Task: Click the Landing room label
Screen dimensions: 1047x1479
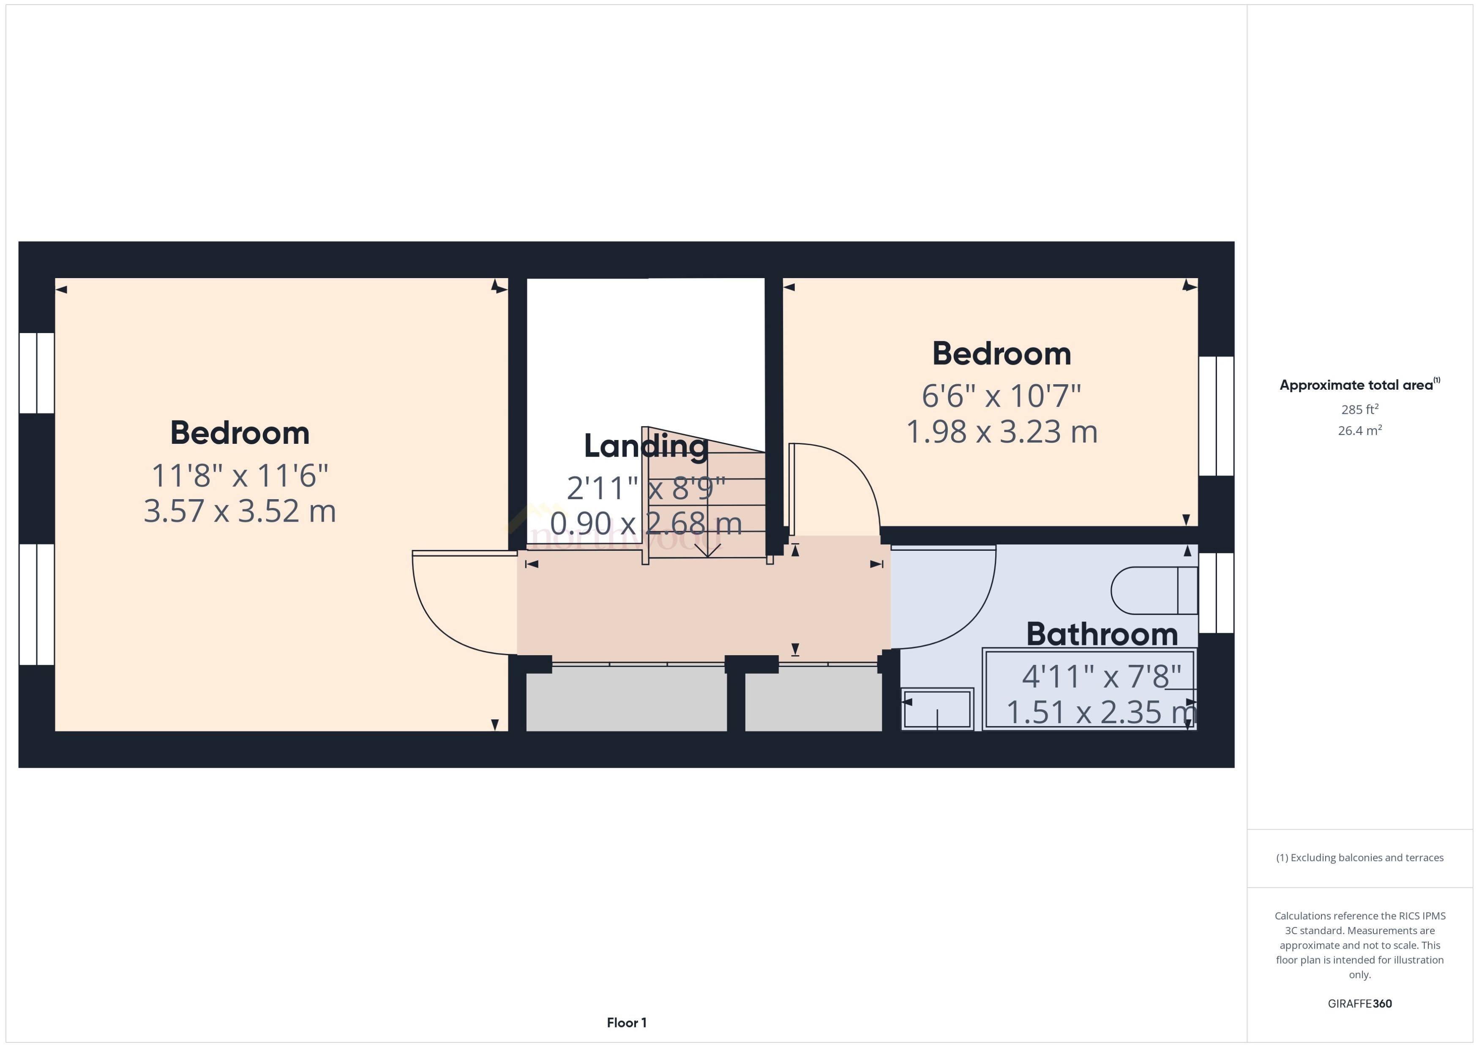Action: pyautogui.click(x=646, y=446)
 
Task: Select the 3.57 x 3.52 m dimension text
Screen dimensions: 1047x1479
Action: pyautogui.click(x=240, y=511)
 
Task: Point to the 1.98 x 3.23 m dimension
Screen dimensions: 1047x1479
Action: pyautogui.click(x=1001, y=432)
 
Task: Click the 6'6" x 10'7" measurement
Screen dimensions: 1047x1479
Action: pyautogui.click(x=1001, y=396)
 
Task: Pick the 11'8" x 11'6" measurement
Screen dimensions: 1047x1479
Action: pyautogui.click(x=240, y=476)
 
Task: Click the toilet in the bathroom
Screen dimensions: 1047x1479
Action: pyautogui.click(x=1154, y=590)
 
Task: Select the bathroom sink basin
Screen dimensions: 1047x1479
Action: pyautogui.click(x=936, y=708)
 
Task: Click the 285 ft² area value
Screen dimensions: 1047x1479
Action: pyautogui.click(x=1360, y=410)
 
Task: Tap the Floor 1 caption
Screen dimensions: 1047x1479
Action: pyautogui.click(x=626, y=1022)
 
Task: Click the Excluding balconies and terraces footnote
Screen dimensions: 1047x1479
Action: pyautogui.click(x=1360, y=858)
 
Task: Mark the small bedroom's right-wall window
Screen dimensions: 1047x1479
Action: pyautogui.click(x=1216, y=416)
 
